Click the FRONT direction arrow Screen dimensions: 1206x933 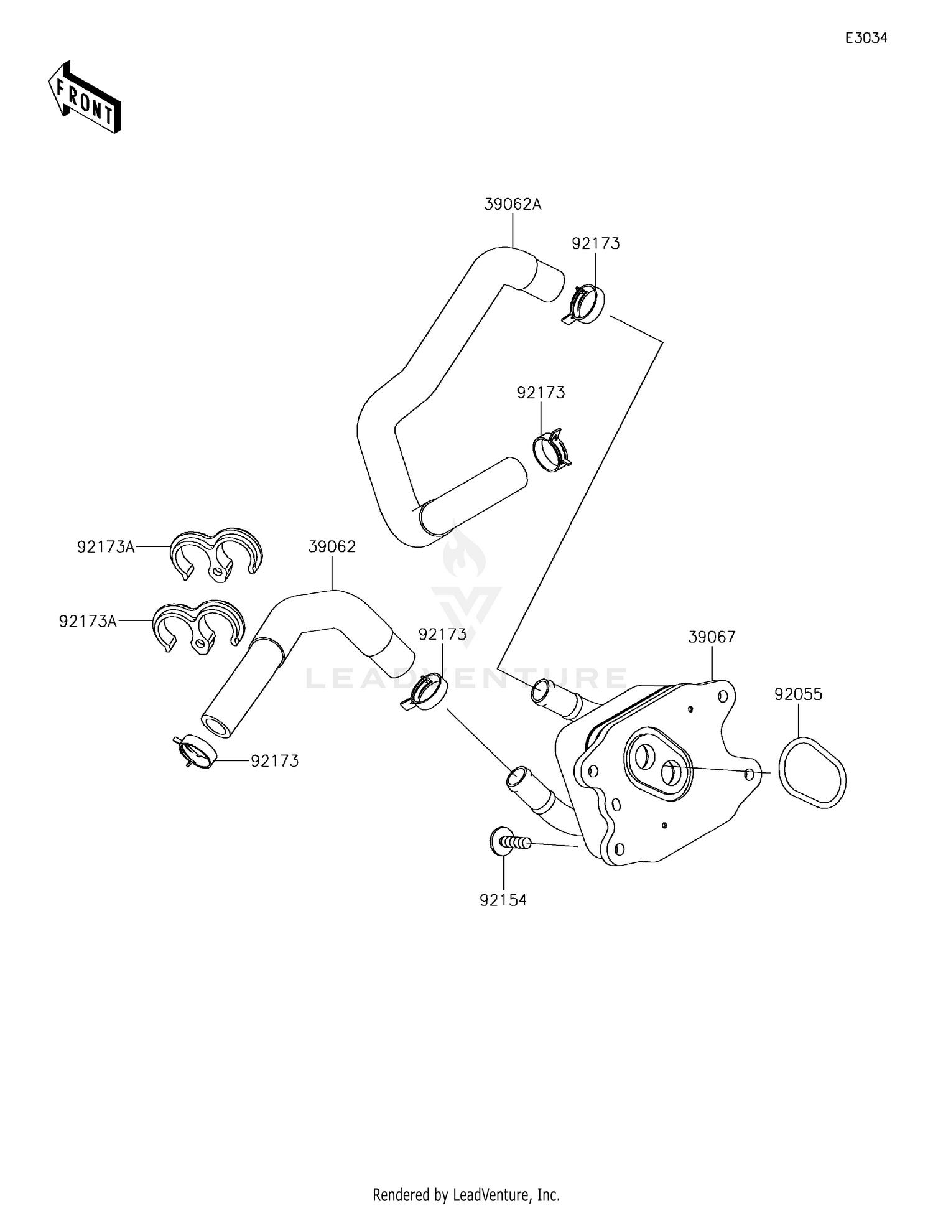pyautogui.click(x=85, y=100)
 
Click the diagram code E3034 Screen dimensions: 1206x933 pyautogui.click(x=865, y=38)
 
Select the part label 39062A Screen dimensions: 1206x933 pyautogui.click(x=513, y=204)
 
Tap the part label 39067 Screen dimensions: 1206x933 pyautogui.click(x=712, y=637)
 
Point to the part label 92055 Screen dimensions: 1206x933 pyautogui.click(x=798, y=694)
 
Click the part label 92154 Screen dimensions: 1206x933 pyautogui.click(x=503, y=900)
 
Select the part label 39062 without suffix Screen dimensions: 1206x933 pyautogui.click(x=332, y=546)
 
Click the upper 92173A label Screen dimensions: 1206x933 pyautogui.click(x=106, y=547)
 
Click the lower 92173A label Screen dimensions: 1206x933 pyautogui.click(x=88, y=621)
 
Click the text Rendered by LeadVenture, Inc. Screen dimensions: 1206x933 pyautogui.click(x=466, y=1194)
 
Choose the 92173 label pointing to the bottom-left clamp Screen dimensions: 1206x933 pyautogui.click(x=274, y=760)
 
